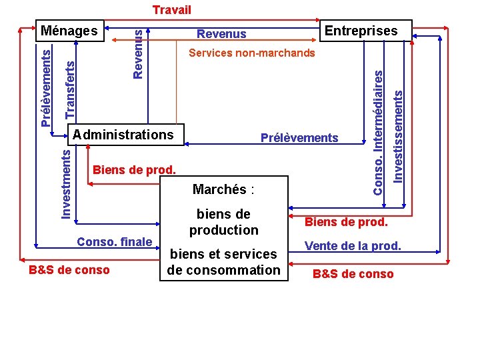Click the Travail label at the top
point(171,10)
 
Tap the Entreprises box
point(360,31)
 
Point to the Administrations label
point(124,135)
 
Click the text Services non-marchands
point(252,53)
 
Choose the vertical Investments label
point(66,183)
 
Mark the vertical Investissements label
point(398,137)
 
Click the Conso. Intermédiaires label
point(378,133)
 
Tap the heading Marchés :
point(223,189)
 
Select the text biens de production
point(223,222)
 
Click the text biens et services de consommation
point(223,262)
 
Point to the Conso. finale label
point(115,241)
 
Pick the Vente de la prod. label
point(353,246)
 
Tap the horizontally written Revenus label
point(221,34)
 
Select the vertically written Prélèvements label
point(45,86)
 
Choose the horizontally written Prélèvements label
point(299,138)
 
